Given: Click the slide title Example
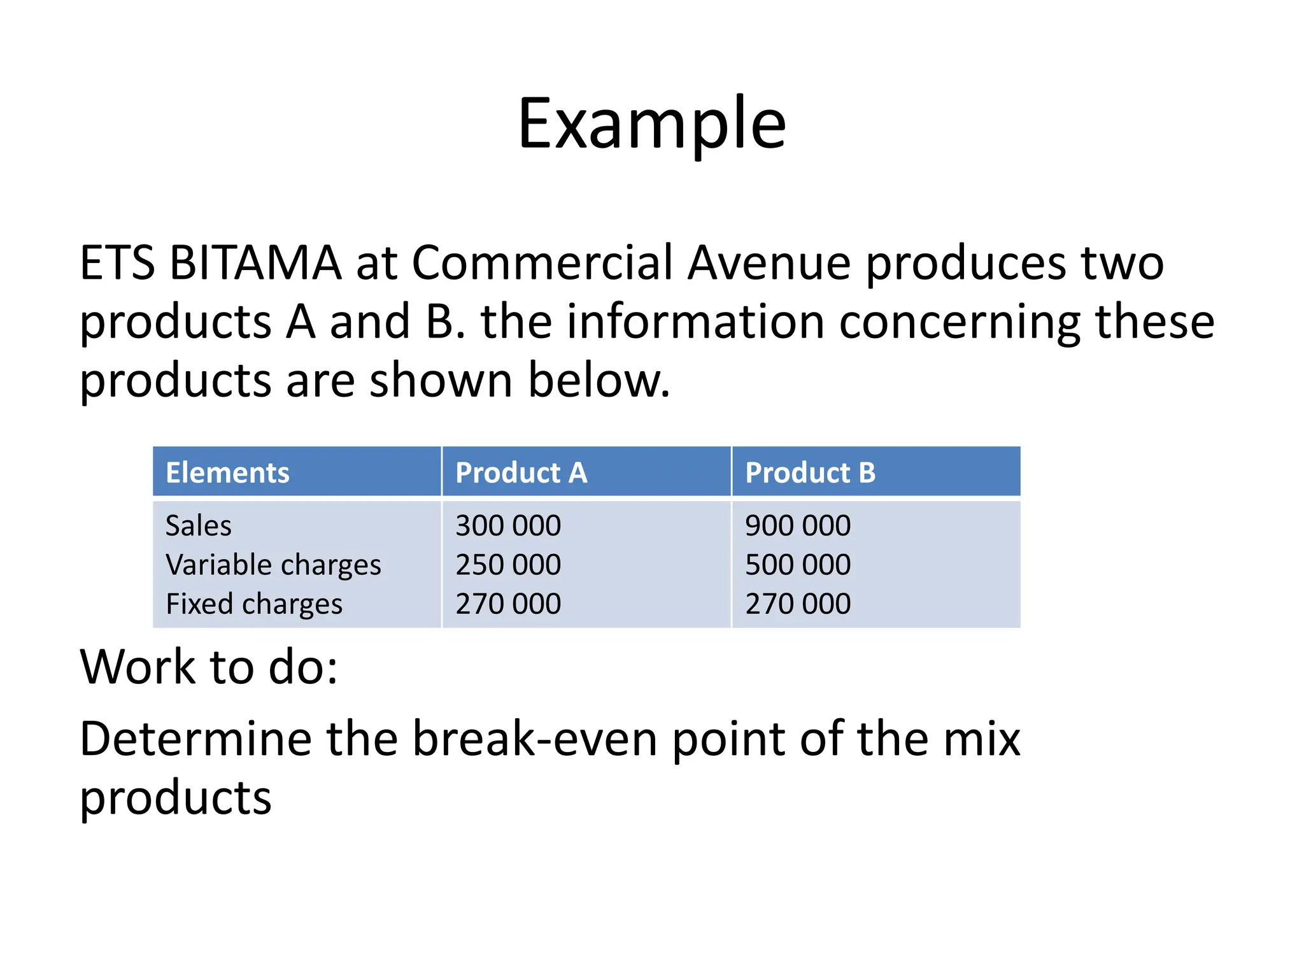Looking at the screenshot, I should tap(651, 124).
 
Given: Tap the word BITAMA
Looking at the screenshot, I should tap(255, 262).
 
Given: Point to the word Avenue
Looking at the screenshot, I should tap(769, 262).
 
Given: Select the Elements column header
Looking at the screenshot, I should tap(227, 472).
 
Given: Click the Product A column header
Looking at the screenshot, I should tap(521, 472).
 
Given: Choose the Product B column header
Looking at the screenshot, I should tap(810, 472).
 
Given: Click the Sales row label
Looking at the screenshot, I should tap(198, 526).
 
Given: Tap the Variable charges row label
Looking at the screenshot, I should tap(273, 565).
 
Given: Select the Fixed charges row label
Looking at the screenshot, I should tap(254, 604).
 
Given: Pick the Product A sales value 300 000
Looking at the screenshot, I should tap(508, 526).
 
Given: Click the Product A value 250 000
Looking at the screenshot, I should tap(508, 565).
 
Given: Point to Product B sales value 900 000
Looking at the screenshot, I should tap(798, 526).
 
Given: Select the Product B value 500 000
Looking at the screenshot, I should tap(798, 565).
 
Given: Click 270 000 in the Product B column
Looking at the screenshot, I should tap(798, 604).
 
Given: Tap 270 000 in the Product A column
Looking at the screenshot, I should tap(508, 604).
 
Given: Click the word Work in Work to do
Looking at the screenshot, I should tap(138, 667).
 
